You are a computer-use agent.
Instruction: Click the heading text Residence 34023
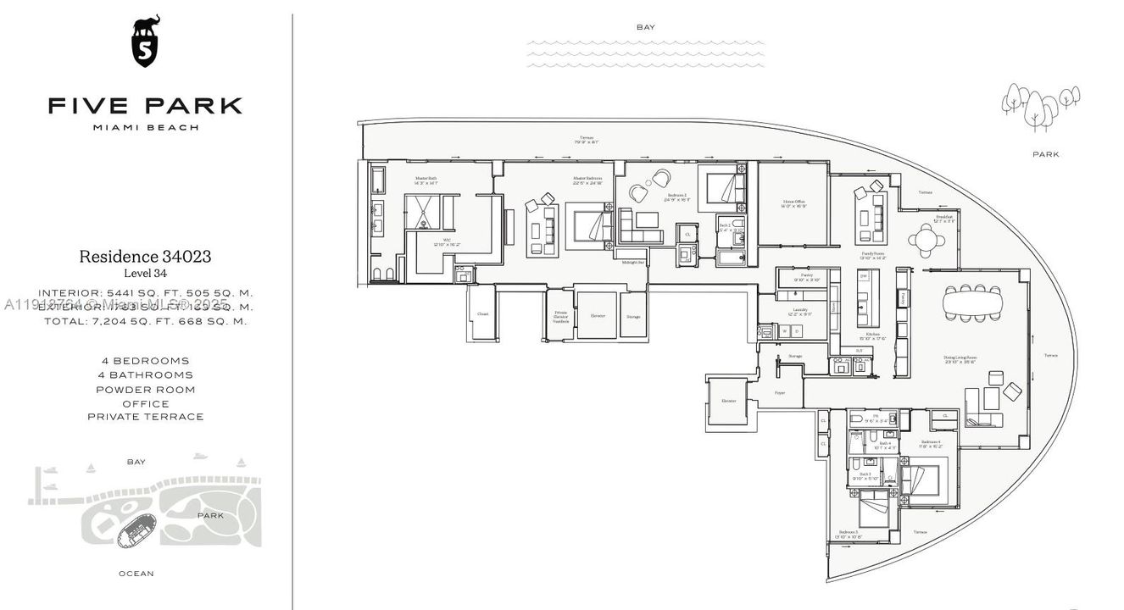click(145, 256)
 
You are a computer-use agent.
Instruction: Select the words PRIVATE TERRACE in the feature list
click(145, 417)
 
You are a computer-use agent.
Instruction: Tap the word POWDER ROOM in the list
click(145, 390)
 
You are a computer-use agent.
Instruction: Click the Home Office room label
click(793, 203)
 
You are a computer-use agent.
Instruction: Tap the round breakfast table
click(927, 241)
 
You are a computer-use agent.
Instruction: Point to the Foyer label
click(779, 393)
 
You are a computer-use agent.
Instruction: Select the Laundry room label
click(800, 311)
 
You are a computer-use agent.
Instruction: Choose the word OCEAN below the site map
click(136, 574)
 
